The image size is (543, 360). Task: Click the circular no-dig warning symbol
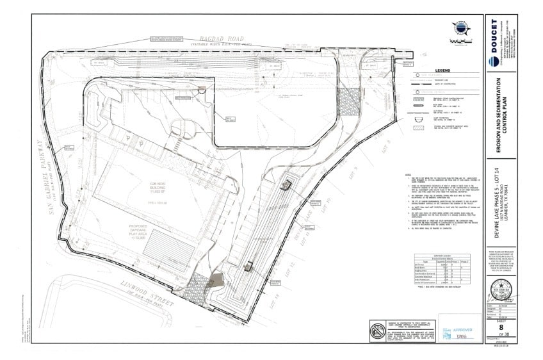click(375, 332)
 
